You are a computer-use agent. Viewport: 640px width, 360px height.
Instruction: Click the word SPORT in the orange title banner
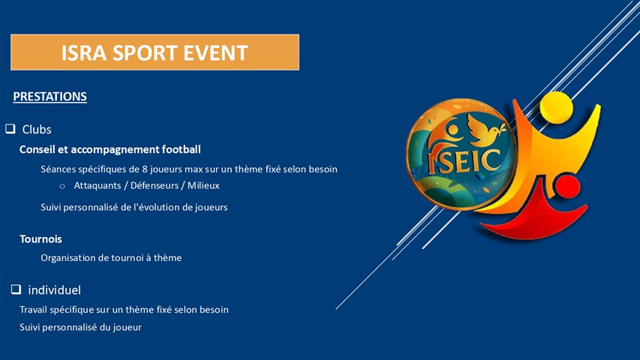pyautogui.click(x=145, y=53)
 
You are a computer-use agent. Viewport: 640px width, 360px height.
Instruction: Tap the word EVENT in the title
pyautogui.click(x=215, y=53)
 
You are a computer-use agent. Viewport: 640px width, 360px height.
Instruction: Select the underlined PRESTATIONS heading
pyautogui.click(x=50, y=97)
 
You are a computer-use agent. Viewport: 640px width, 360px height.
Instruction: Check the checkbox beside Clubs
pyautogui.click(x=11, y=129)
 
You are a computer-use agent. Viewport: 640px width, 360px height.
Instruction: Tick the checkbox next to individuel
pyautogui.click(x=16, y=289)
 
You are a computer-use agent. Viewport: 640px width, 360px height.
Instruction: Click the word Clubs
pyautogui.click(x=37, y=130)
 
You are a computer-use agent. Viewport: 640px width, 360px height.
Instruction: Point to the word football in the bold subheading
pyautogui.click(x=182, y=149)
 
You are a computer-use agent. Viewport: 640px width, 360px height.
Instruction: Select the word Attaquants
pyautogui.click(x=98, y=186)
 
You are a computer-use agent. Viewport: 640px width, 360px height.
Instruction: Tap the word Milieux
pyautogui.click(x=203, y=186)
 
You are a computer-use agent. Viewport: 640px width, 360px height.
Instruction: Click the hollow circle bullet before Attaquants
pyautogui.click(x=62, y=187)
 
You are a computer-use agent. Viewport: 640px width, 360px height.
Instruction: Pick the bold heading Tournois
pyautogui.click(x=41, y=239)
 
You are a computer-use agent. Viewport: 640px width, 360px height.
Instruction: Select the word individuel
pyautogui.click(x=54, y=290)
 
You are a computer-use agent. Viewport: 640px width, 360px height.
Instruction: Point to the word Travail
pyautogui.click(x=34, y=310)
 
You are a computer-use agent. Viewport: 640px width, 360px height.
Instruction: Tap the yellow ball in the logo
pyautogui.click(x=556, y=107)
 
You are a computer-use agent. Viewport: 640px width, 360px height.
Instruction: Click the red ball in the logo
pyautogui.click(x=567, y=187)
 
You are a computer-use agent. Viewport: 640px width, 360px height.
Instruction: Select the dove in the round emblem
pyautogui.click(x=486, y=130)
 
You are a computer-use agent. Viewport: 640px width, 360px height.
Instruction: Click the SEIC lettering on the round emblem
pyautogui.click(x=464, y=160)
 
